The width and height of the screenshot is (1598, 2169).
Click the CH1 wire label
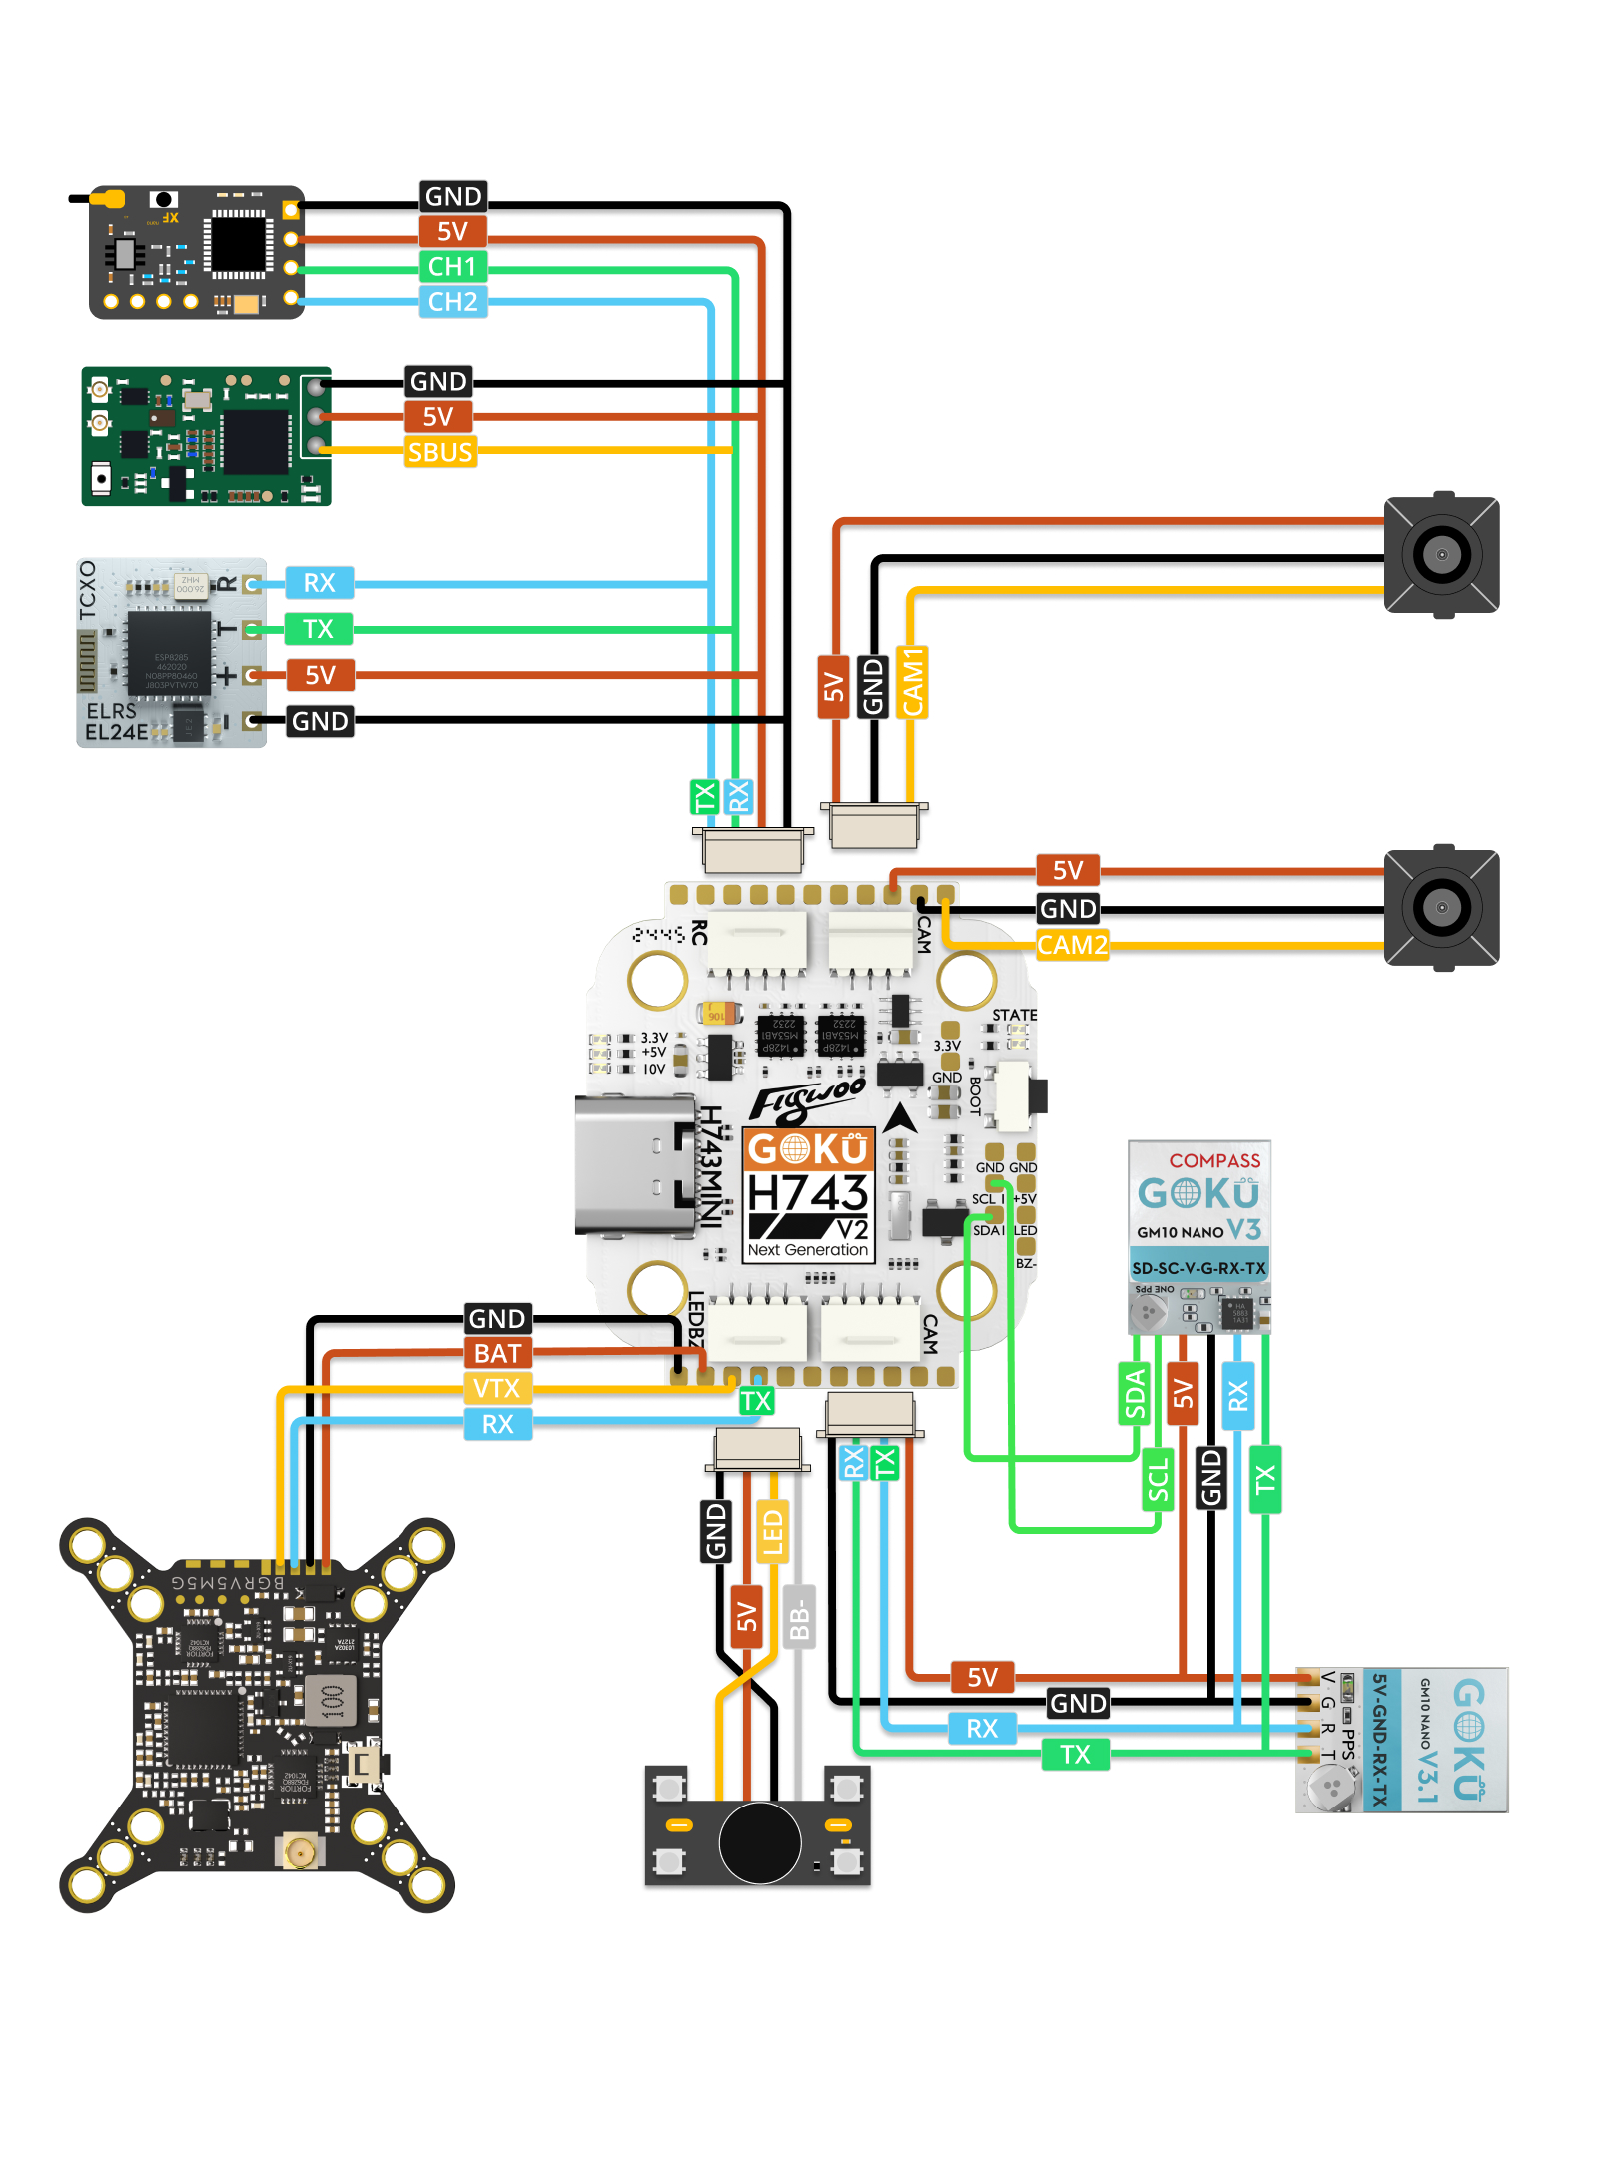[452, 267]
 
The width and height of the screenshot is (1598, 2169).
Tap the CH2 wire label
[452, 302]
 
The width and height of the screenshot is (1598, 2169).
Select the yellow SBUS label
[440, 453]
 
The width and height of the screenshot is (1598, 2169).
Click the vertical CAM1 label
[912, 682]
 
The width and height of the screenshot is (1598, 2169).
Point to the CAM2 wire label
[1072, 945]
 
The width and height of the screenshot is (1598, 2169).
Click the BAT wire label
[497, 1354]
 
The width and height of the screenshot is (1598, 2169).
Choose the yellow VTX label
[497, 1389]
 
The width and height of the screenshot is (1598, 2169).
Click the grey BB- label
[799, 1618]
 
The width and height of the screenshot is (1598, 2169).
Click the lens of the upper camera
[1441, 554]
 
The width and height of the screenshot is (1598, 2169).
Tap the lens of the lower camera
[1441, 908]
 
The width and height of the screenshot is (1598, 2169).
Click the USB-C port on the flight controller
[635, 1164]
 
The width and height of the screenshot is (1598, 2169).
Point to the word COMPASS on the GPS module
[1214, 1161]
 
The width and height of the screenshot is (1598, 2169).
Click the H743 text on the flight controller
[808, 1193]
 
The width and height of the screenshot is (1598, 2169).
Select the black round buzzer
[759, 1842]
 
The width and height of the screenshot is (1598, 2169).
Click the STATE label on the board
[1014, 1016]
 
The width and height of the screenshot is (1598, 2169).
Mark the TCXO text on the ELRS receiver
[88, 589]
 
